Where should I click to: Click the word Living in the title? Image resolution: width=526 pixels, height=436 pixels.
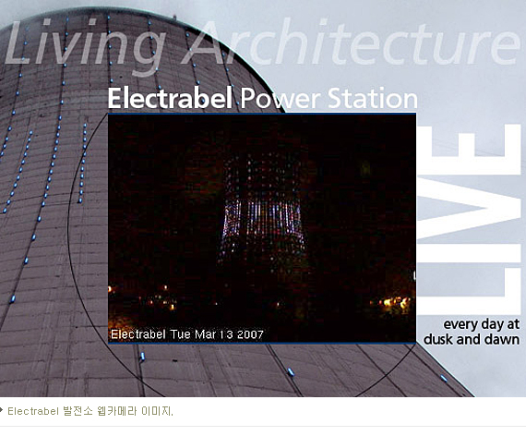(x=85, y=45)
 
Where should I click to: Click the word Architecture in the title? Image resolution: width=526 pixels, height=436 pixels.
(x=351, y=42)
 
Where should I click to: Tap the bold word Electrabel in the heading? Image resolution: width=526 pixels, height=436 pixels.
(x=170, y=98)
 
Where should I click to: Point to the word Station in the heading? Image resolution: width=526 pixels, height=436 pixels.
(x=373, y=98)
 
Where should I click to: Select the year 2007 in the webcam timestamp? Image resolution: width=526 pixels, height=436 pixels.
(x=250, y=334)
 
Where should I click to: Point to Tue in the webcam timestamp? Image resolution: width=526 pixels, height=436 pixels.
(x=181, y=334)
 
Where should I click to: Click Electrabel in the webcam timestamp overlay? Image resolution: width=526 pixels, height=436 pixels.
(x=138, y=334)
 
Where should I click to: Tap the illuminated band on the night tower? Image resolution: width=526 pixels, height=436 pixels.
(x=261, y=217)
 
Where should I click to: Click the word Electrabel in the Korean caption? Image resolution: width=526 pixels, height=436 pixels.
(x=33, y=411)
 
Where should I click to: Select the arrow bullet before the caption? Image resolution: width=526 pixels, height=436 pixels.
(x=2, y=410)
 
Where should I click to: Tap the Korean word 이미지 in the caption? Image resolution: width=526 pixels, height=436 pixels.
(x=156, y=411)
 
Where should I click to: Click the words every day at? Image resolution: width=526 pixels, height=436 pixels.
(x=482, y=324)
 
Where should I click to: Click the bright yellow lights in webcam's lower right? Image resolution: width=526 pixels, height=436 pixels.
(x=396, y=303)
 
